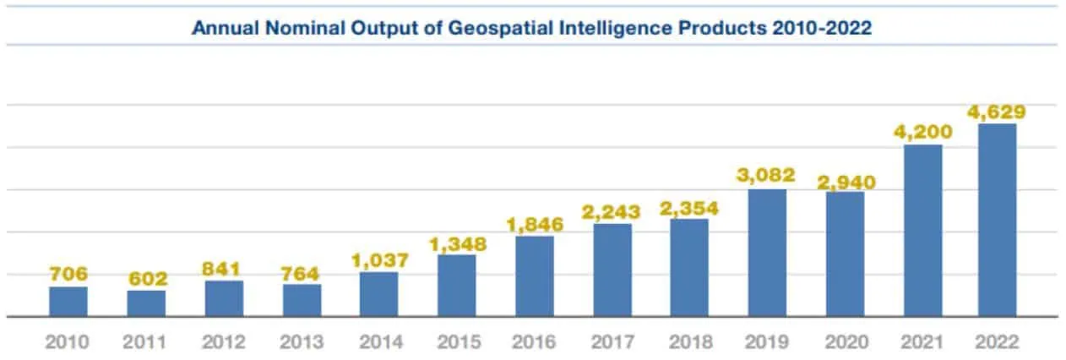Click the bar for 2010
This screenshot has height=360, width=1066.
coord(68,302)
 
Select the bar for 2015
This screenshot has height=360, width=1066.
coord(456,286)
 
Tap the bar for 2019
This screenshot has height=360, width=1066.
coord(767,253)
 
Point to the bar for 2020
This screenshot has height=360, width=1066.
coord(845,254)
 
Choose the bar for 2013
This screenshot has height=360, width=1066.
coord(302,301)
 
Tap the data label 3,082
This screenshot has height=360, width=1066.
coord(767,176)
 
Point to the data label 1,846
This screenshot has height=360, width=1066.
coord(534,224)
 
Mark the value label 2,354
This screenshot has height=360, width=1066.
coord(689,208)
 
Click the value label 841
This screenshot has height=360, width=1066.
coord(224,269)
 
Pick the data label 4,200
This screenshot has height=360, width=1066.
coord(922,132)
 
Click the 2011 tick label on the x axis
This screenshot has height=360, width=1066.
coord(146,342)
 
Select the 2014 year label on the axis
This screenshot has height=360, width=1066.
coord(379,342)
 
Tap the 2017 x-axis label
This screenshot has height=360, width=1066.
coord(612,342)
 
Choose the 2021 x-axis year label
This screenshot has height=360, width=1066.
coord(922,342)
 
